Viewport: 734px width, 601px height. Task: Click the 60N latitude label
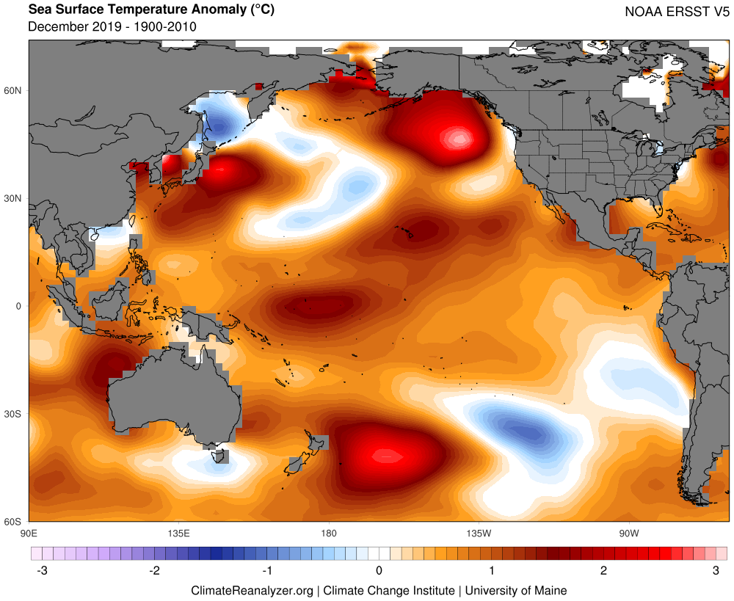12,90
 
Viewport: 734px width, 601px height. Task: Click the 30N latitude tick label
12,198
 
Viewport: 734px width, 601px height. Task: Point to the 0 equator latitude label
19,306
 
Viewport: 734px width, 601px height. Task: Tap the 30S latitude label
12,414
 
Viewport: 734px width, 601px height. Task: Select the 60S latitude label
12,522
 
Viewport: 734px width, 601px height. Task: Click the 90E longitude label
29,533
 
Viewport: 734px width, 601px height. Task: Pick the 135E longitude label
179,533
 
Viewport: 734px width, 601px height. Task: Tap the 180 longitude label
329,533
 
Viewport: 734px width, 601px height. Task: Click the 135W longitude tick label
479,533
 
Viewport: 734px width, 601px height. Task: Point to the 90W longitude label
629,533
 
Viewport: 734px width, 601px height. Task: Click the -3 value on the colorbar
42,571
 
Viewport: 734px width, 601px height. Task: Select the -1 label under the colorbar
267,571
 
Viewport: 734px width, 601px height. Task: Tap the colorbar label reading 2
604,571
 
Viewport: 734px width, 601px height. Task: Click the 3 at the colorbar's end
716,571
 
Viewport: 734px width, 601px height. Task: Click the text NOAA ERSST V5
677,12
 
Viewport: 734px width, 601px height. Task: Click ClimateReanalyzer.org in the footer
252,591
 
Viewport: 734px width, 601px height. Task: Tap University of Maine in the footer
516,591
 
